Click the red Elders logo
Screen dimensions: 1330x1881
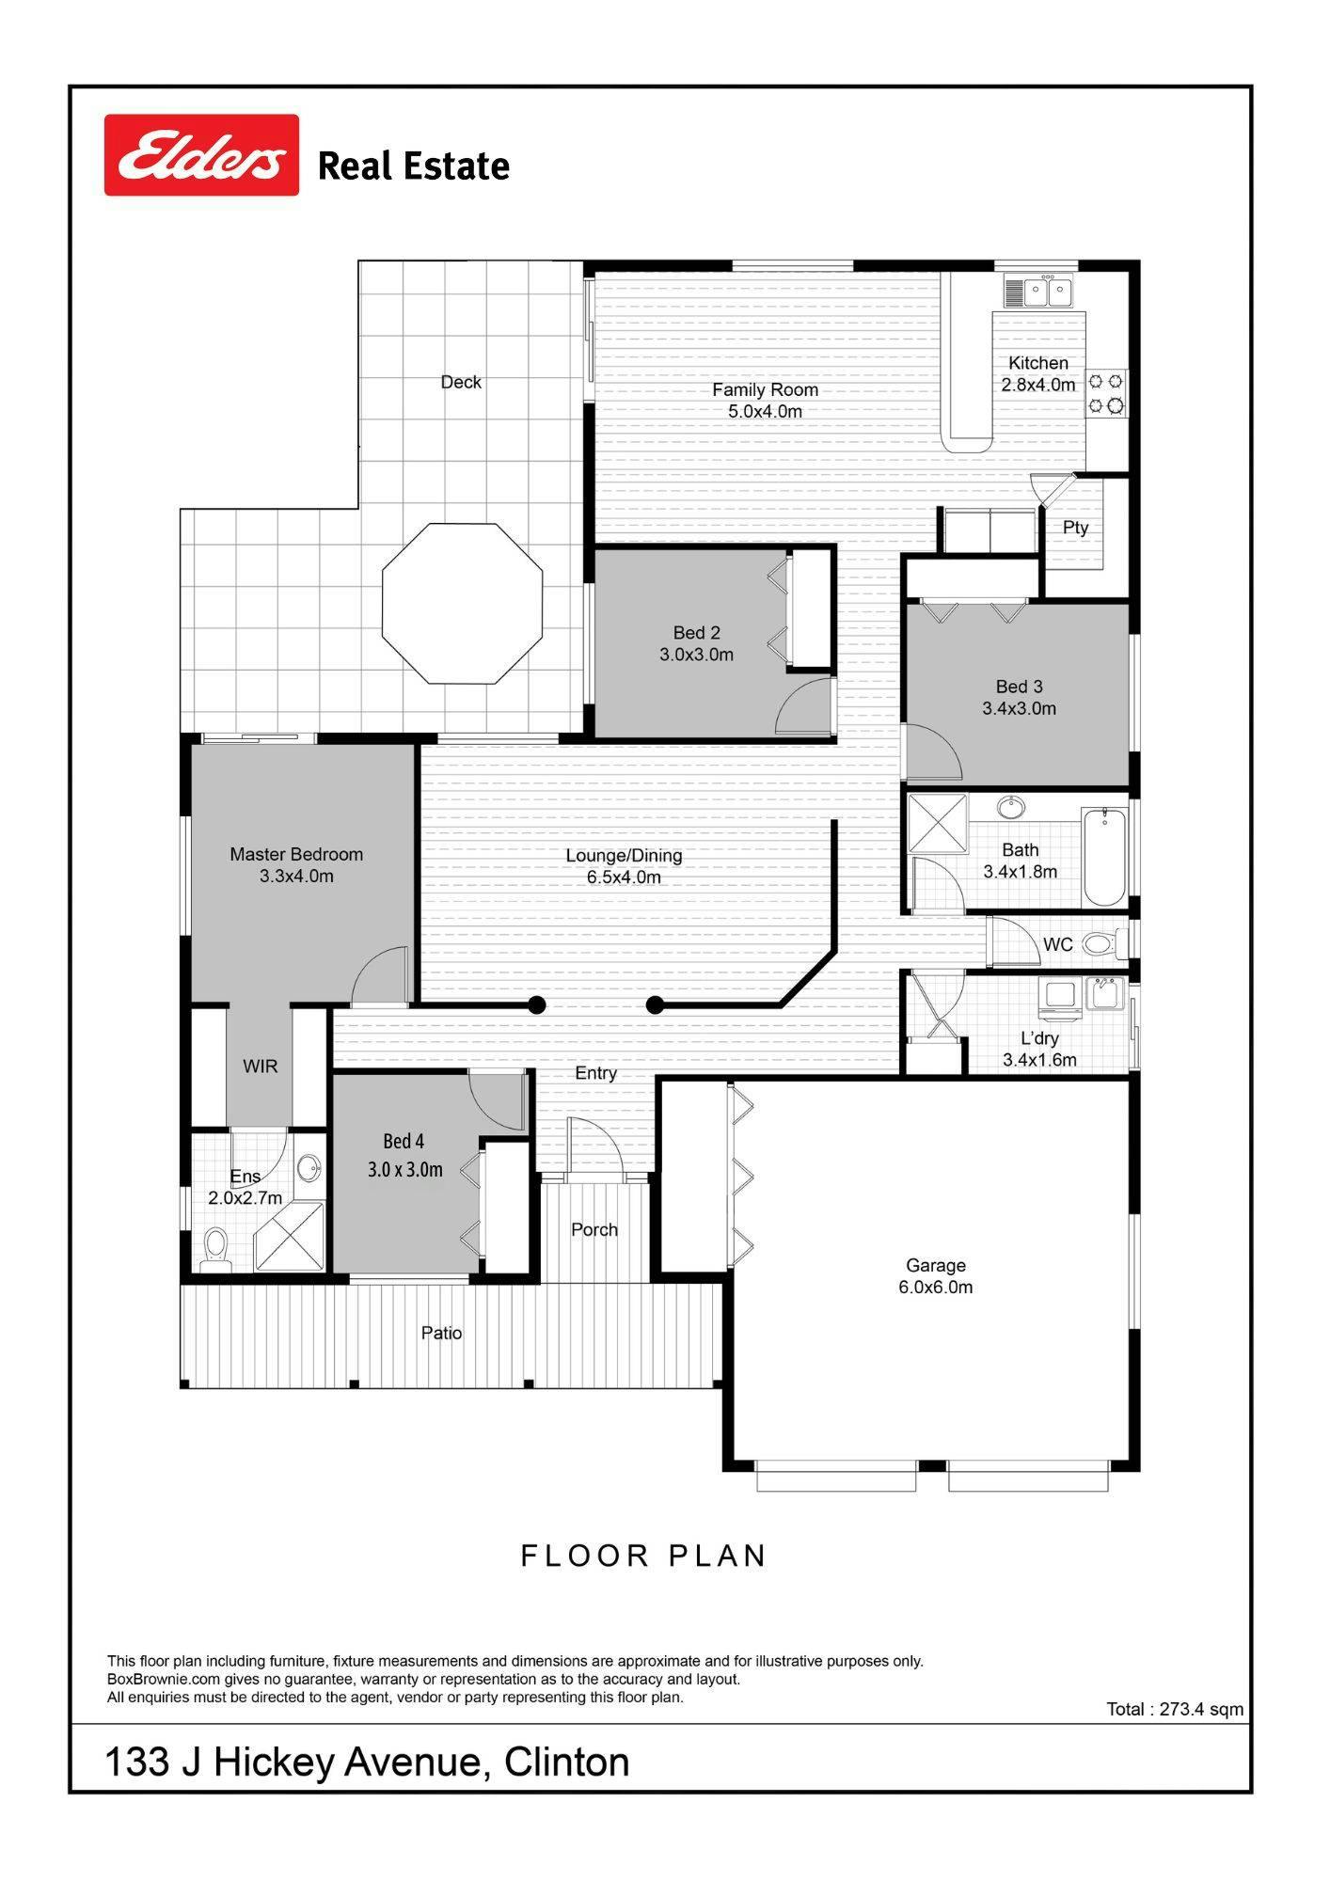click(x=201, y=155)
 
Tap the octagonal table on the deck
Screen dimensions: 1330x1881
click(x=463, y=604)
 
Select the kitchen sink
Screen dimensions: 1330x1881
click(x=1038, y=292)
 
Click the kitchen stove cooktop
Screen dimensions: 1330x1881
click(x=1107, y=393)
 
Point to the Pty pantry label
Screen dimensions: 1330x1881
click(x=1075, y=528)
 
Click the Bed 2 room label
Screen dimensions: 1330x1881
click(x=697, y=633)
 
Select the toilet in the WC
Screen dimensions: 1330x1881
click(x=1103, y=942)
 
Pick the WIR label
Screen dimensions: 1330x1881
click(x=260, y=1067)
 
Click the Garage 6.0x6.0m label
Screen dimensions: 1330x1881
click(x=936, y=1276)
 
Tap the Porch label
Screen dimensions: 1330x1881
click(x=594, y=1230)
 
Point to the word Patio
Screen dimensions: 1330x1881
click(x=442, y=1333)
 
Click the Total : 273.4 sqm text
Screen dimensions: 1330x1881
click(x=1175, y=1709)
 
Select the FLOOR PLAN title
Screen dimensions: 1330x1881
click(x=644, y=1556)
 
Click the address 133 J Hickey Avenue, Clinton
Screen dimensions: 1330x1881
click(x=367, y=1762)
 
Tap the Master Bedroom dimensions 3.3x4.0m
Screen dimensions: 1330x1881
click(x=297, y=877)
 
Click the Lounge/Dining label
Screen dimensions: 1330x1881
click(x=624, y=856)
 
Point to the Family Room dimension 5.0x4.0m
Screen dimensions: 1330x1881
click(x=766, y=411)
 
